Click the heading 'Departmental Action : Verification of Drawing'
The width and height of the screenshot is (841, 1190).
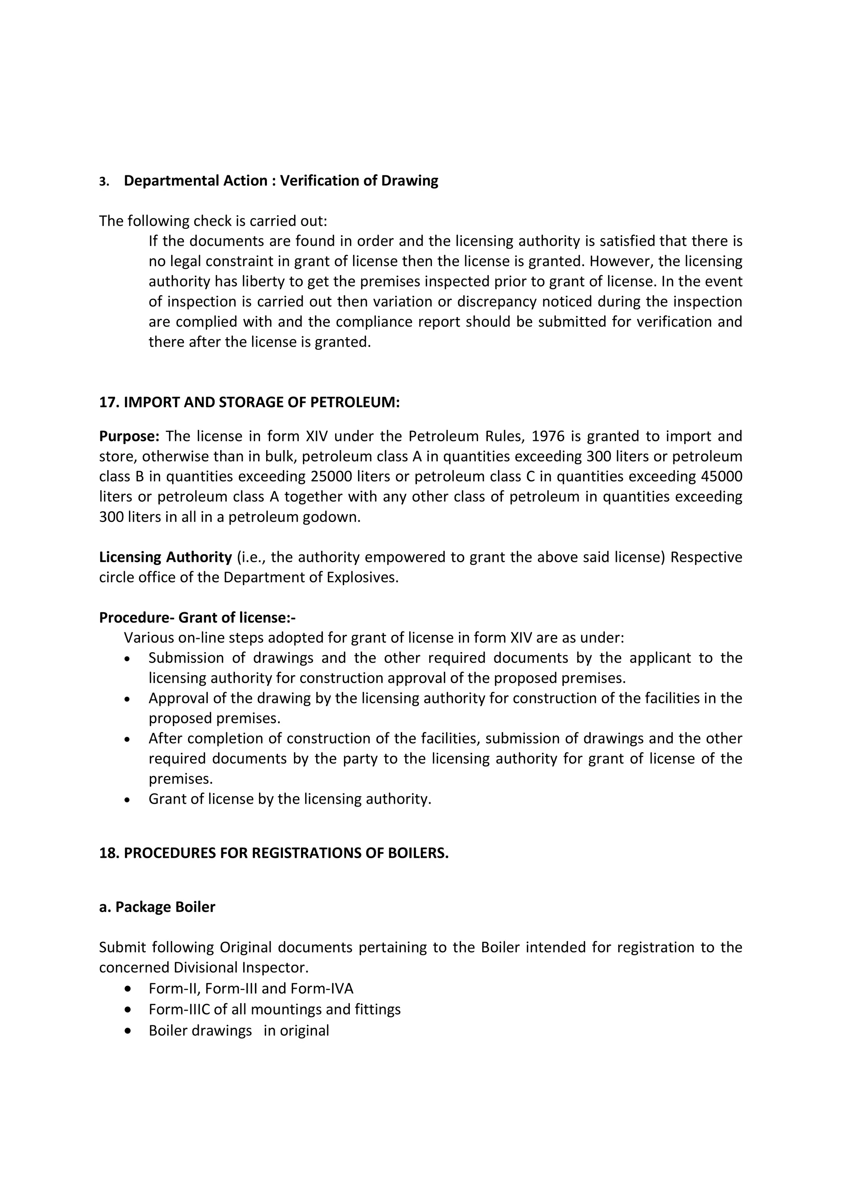click(x=280, y=181)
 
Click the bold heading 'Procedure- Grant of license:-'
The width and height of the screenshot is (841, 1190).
click(x=198, y=618)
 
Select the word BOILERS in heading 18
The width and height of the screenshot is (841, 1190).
click(x=418, y=853)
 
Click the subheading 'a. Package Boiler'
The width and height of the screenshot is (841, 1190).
click(x=157, y=907)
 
